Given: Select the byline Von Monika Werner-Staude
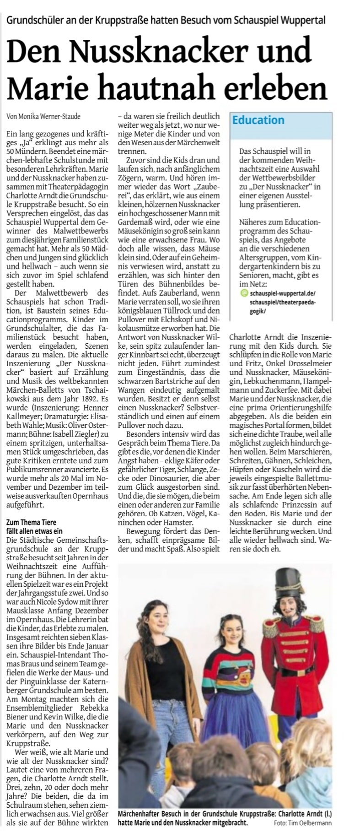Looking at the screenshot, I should click(44, 116).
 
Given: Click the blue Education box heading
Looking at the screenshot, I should click(258, 120).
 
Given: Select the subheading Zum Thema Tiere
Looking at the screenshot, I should click(32, 522).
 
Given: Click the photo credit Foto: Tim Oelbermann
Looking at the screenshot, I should click(303, 822).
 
